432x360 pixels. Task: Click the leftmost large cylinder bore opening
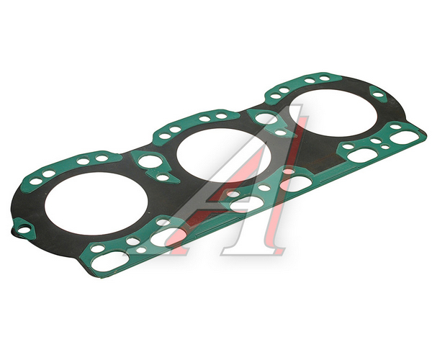pyautogui.click(x=96, y=203)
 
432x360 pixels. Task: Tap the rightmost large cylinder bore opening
pyautogui.click(x=333, y=113)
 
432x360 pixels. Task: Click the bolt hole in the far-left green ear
pyautogui.click(x=24, y=229)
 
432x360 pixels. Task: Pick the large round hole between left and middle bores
pyautogui.click(x=150, y=161)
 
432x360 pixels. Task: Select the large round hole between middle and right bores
pyautogui.click(x=266, y=118)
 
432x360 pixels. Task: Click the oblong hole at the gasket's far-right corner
pyautogui.click(x=404, y=137)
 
